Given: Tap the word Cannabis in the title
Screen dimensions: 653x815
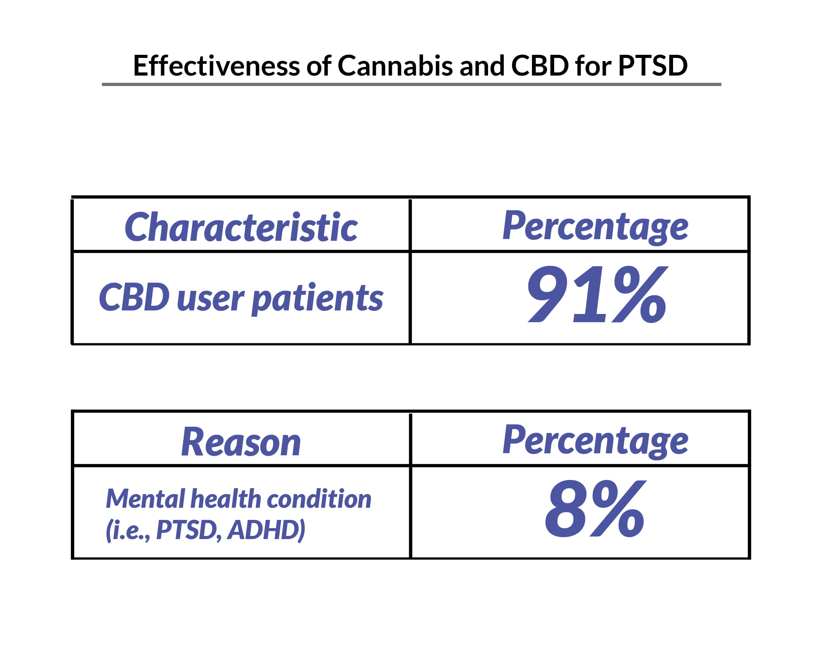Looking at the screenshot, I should tap(395, 66).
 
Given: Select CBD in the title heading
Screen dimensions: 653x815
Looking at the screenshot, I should tap(539, 66).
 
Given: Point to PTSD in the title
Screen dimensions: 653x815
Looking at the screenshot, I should tap(653, 66).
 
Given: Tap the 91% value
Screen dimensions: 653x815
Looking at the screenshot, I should tap(597, 294).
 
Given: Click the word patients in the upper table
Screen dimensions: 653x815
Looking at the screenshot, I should tap(317, 298).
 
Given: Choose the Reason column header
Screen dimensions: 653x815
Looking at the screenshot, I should tap(241, 442).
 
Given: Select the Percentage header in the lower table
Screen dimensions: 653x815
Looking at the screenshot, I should tap(595, 442).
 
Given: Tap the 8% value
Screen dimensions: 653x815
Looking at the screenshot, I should tap(594, 509).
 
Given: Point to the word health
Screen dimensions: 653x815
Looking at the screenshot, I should tap(226, 499).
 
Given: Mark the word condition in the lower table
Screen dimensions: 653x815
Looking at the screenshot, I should tap(318, 499).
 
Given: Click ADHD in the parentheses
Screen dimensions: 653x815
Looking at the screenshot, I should tap(266, 530).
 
